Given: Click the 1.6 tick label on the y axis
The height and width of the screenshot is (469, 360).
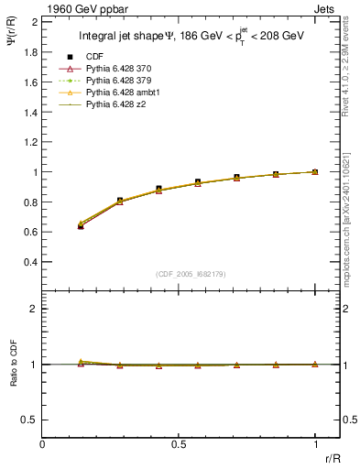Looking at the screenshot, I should coord(30,82).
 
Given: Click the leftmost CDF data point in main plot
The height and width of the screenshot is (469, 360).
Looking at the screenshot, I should coord(81,225).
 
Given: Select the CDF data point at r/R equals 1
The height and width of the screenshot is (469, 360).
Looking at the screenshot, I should coord(315,171).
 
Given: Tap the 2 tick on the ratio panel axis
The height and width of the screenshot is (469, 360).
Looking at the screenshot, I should coord(34,309).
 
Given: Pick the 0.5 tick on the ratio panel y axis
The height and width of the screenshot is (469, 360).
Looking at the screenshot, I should coord(30,420).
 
